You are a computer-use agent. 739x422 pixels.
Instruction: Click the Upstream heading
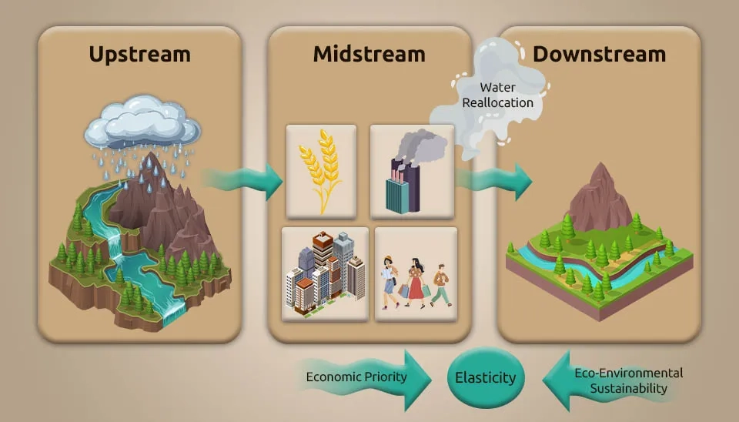(139, 54)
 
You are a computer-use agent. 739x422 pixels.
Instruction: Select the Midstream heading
(369, 54)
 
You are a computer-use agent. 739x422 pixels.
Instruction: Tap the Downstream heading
(599, 54)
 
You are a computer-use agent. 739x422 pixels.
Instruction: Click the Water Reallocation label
(497, 95)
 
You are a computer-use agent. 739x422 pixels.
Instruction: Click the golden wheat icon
(321, 169)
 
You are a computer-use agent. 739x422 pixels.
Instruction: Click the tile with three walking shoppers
(416, 274)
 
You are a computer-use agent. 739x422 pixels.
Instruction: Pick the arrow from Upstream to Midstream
(246, 182)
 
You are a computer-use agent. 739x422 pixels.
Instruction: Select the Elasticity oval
(486, 378)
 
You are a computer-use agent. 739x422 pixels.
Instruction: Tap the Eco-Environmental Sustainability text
(628, 380)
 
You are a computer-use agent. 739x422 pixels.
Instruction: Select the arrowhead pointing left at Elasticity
(556, 377)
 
